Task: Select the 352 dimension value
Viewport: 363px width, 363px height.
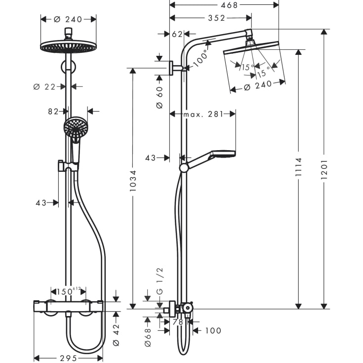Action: (x=216, y=18)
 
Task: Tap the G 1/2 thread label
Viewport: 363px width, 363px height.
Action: (x=159, y=281)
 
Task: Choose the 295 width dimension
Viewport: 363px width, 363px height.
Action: (x=68, y=358)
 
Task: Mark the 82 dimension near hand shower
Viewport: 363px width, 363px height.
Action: (x=54, y=111)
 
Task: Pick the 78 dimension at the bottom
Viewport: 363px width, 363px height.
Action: (x=178, y=322)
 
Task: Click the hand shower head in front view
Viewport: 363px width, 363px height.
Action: (x=76, y=127)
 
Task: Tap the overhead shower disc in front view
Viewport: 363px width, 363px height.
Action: (x=68, y=46)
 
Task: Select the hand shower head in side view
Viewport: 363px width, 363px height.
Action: (x=223, y=154)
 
